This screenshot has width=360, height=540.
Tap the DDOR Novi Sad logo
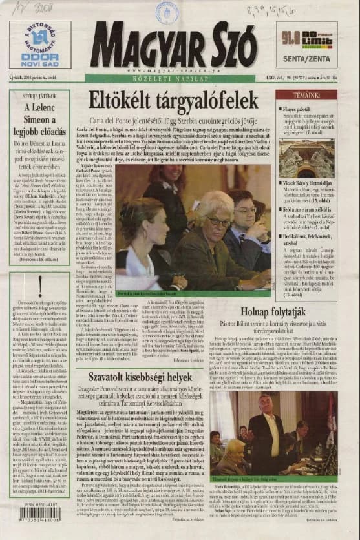(40, 45)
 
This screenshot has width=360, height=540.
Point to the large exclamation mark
(40, 284)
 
